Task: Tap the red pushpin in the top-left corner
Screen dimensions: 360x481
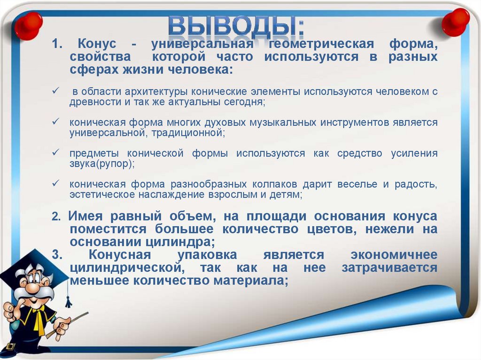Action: point(28,24)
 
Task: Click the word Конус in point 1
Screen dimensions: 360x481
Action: point(97,45)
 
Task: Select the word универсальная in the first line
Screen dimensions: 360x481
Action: point(202,45)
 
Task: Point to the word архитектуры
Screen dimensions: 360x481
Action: point(151,92)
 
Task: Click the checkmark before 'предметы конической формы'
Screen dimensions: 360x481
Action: point(56,153)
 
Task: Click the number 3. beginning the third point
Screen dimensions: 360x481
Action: point(57,255)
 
